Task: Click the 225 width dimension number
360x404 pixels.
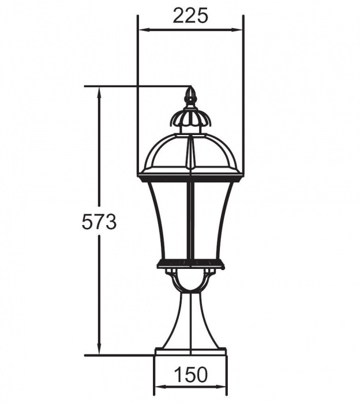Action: click(x=190, y=16)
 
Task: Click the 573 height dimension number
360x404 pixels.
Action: click(x=99, y=222)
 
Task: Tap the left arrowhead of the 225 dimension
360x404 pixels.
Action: click(x=144, y=30)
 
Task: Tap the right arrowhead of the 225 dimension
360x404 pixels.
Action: click(x=237, y=30)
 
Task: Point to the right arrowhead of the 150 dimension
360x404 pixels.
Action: click(x=221, y=394)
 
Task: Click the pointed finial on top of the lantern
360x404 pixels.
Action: click(x=190, y=96)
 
